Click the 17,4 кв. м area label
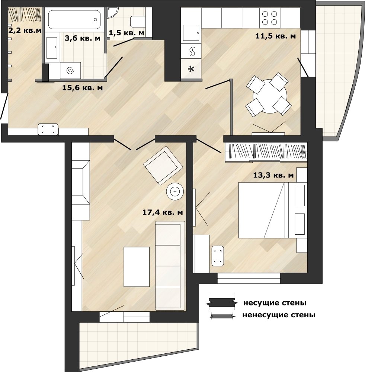pyautogui.click(x=163, y=212)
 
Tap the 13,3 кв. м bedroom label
pyautogui.click(x=273, y=175)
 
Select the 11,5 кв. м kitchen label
pyautogui.click(x=276, y=36)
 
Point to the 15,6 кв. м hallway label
pyautogui.click(x=83, y=87)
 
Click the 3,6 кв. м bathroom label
pyautogui.click(x=83, y=38)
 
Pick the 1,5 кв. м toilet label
pyautogui.click(x=127, y=33)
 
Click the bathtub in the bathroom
pyautogui.click(x=74, y=19)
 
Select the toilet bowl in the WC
pyautogui.click(x=138, y=22)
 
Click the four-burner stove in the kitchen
pyautogui.click(x=270, y=18)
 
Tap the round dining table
pyautogui.click(x=270, y=96)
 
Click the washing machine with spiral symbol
pyautogui.click(x=70, y=70)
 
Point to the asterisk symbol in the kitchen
pyautogui.click(x=191, y=69)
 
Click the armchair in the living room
pyautogui.click(x=163, y=166)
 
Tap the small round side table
pyautogui.click(x=175, y=192)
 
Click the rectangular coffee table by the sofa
pyautogui.click(x=137, y=267)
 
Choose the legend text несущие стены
pyautogui.click(x=275, y=303)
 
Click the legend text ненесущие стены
pyautogui.click(x=279, y=315)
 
